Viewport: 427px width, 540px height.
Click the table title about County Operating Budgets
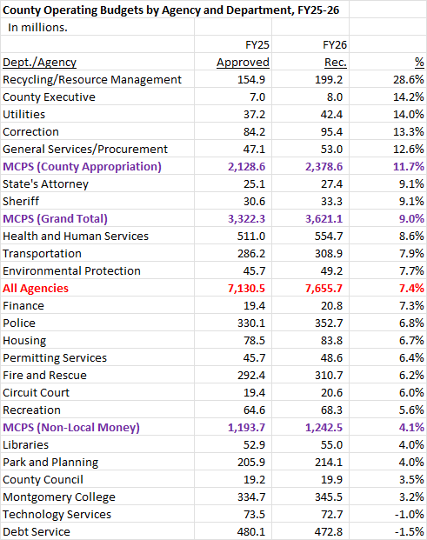click(170, 10)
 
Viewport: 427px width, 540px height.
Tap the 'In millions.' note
click(37, 28)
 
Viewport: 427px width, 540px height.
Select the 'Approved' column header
click(243, 63)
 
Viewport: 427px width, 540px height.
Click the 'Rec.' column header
click(336, 63)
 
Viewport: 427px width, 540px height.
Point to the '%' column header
click(419, 62)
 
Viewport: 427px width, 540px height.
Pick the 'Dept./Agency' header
click(40, 63)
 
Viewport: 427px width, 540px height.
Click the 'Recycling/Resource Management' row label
click(92, 79)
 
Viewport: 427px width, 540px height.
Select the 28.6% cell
click(409, 79)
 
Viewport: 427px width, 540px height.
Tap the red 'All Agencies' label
click(36, 288)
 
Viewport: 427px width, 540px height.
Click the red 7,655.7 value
click(324, 288)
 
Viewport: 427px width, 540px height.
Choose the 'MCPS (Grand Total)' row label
click(55, 218)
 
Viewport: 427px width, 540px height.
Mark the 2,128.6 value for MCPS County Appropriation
click(247, 167)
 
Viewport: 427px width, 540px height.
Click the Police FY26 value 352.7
click(329, 323)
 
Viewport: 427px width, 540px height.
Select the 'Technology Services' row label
click(57, 514)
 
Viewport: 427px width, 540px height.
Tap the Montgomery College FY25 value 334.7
click(251, 497)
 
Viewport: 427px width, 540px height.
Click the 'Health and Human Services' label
click(76, 236)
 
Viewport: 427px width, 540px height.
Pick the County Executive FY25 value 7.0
click(257, 97)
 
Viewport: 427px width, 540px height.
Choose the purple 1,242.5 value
click(324, 427)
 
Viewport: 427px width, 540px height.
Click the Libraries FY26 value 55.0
click(331, 444)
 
